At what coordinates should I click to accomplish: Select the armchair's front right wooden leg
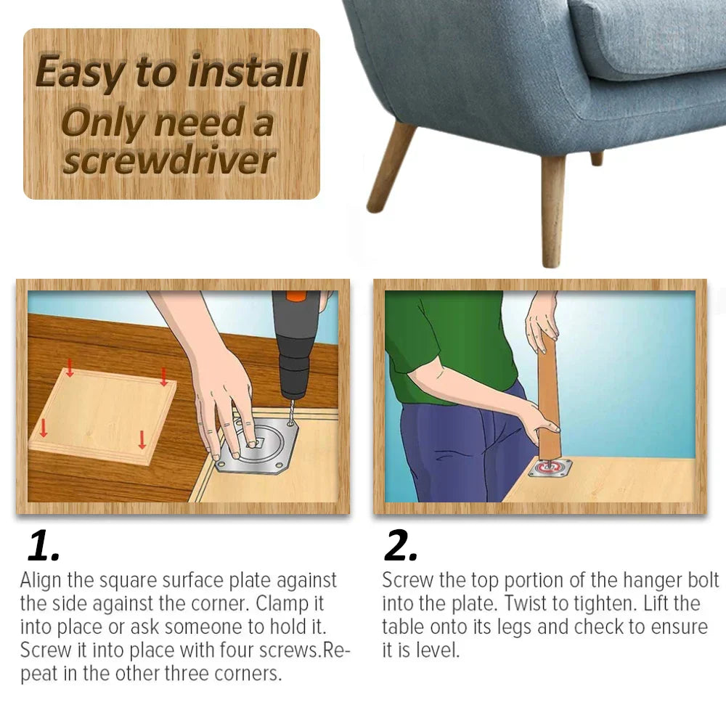pos(553,211)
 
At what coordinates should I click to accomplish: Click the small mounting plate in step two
pos(550,468)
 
